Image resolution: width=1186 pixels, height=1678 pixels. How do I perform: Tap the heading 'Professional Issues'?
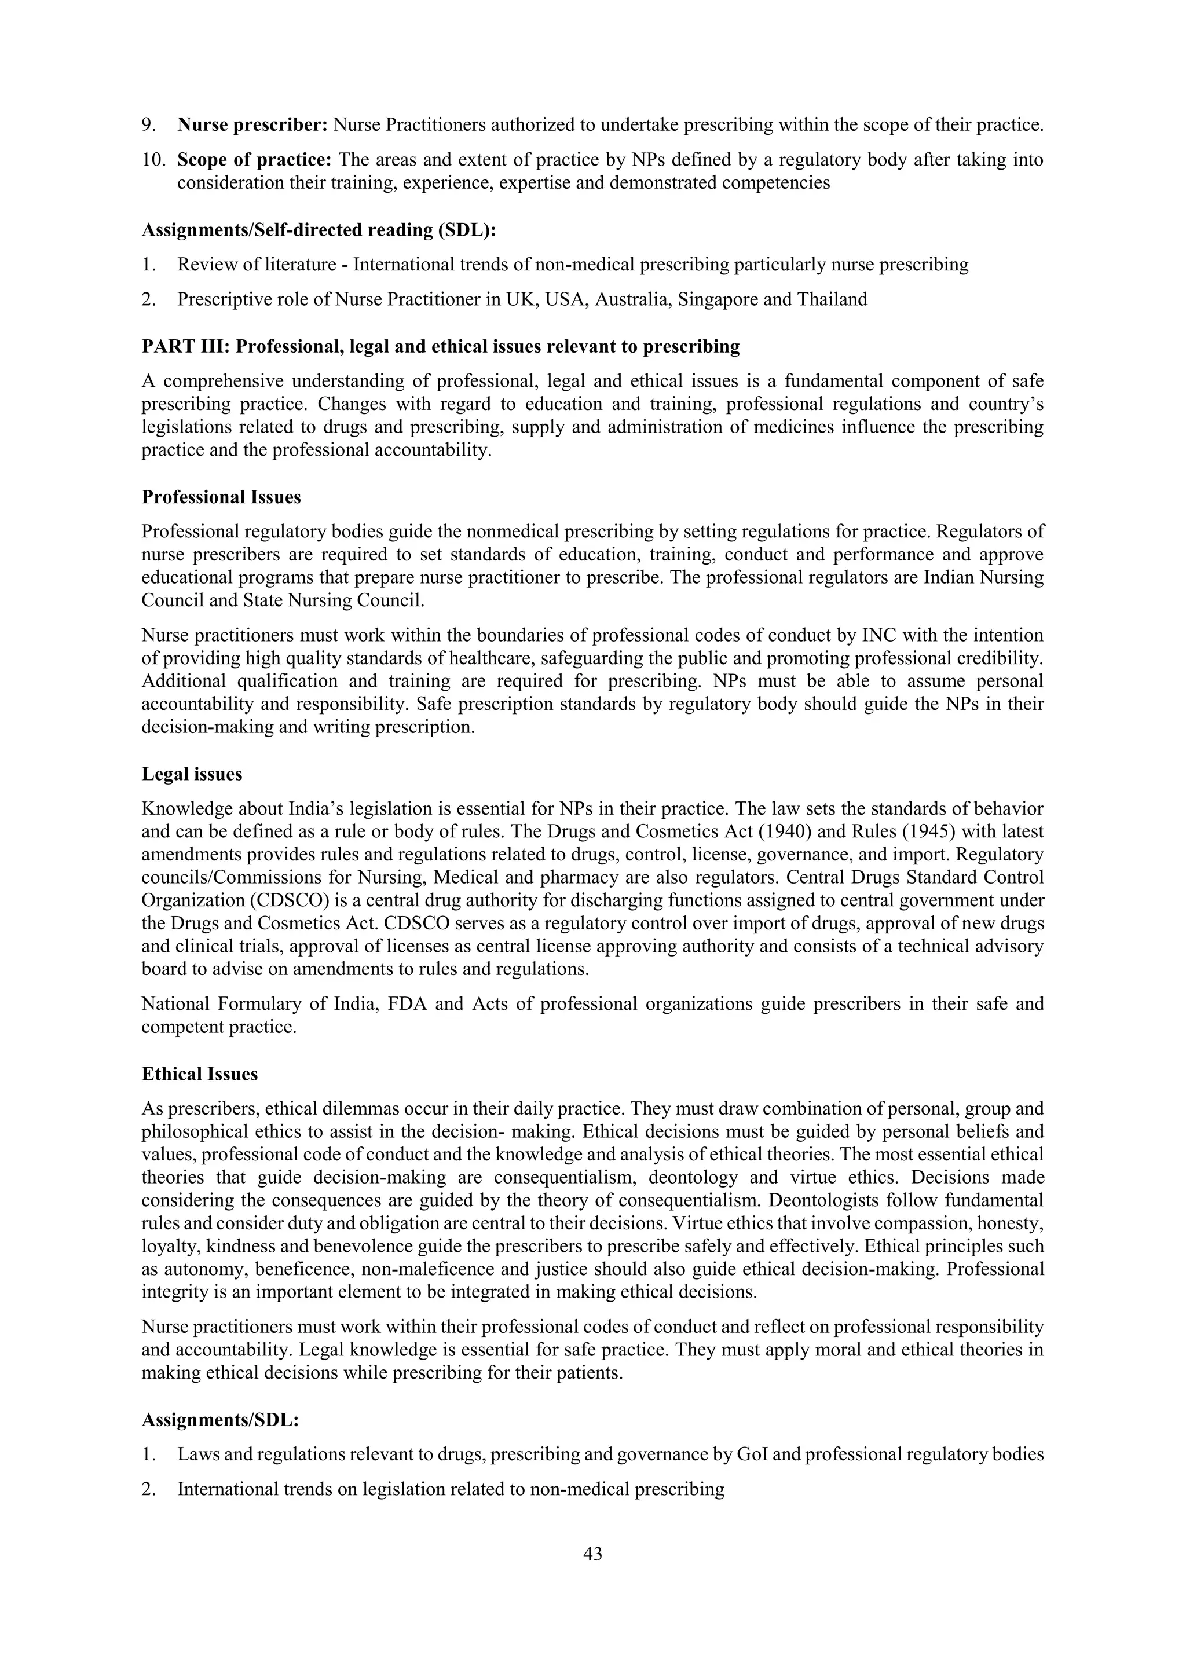click(221, 497)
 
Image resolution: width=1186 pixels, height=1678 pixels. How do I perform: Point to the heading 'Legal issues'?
click(192, 774)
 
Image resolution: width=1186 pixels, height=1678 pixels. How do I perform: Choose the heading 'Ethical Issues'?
click(199, 1074)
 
